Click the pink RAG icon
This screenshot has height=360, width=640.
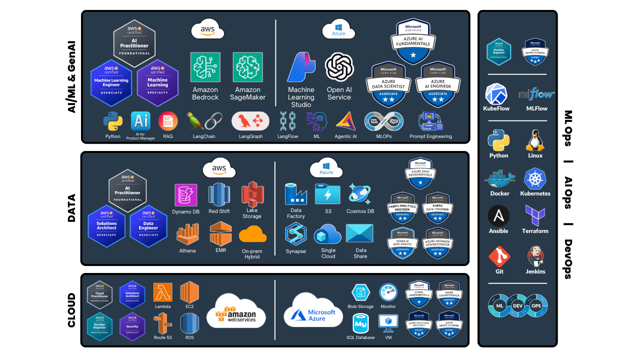[x=168, y=121]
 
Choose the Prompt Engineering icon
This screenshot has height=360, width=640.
[x=430, y=121]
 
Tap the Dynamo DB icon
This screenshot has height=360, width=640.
[x=185, y=195]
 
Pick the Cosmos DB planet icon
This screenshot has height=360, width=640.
[x=359, y=194]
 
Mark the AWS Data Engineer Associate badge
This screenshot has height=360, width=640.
[x=148, y=225]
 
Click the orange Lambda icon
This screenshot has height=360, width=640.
[x=162, y=292]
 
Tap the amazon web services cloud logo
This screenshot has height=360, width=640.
[x=236, y=310]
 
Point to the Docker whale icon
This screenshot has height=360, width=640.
[x=499, y=179]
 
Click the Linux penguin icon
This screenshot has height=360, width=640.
[x=534, y=140]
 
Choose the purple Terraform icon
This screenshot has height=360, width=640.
[x=534, y=215]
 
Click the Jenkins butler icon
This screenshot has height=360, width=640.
[x=535, y=256]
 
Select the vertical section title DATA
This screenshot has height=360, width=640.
[x=71, y=207]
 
